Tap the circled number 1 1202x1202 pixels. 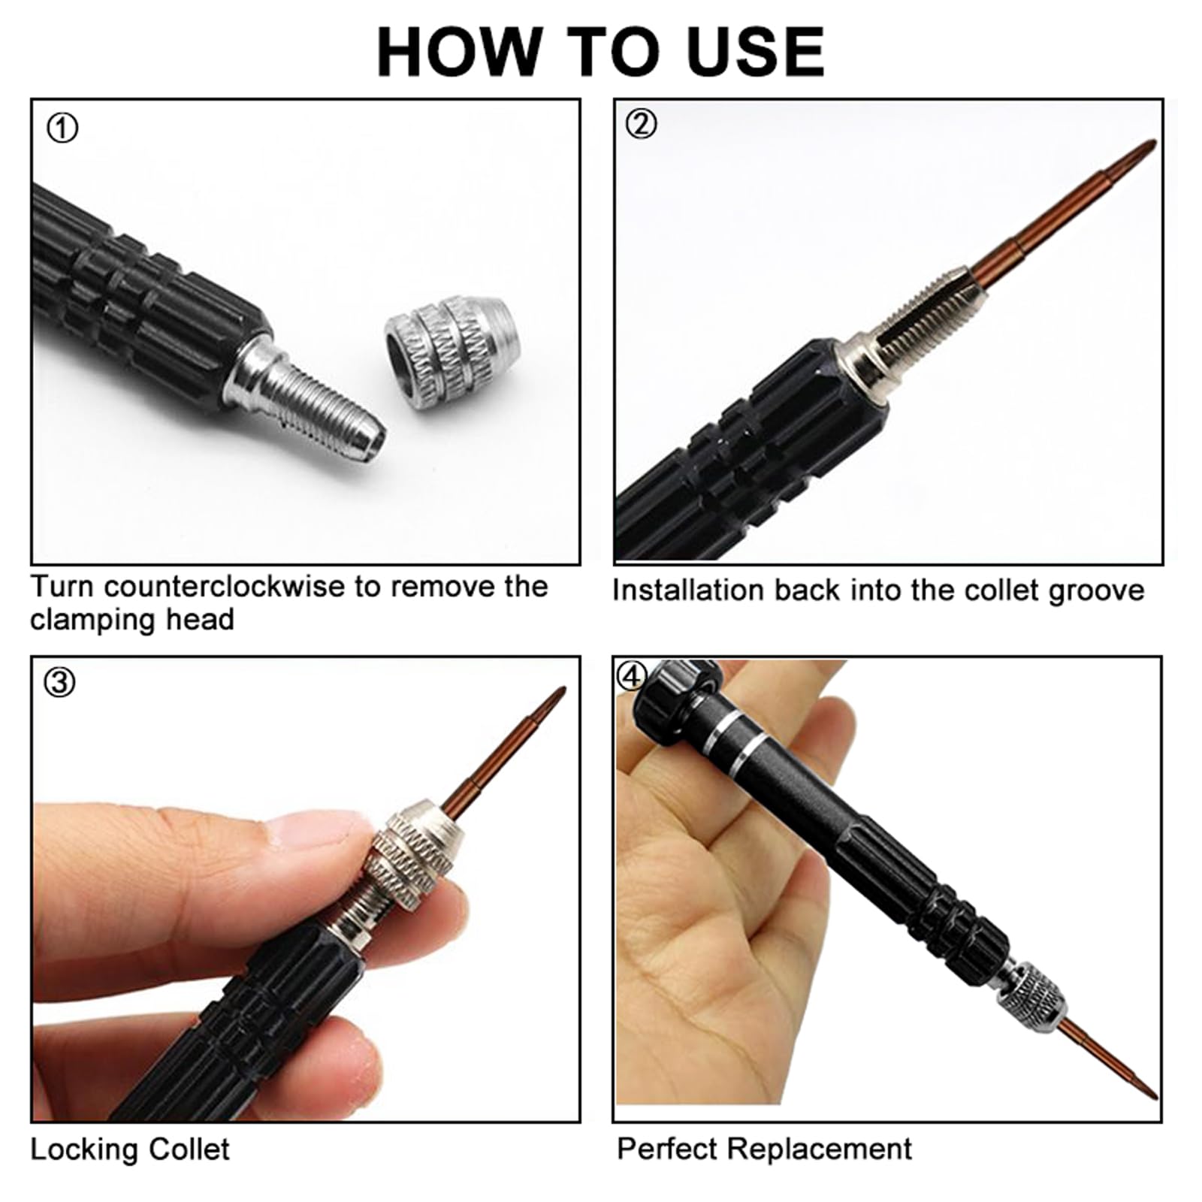click(62, 128)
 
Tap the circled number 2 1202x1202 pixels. click(641, 124)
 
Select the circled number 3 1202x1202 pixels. click(60, 682)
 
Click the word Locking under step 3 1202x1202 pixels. click(83, 1150)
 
